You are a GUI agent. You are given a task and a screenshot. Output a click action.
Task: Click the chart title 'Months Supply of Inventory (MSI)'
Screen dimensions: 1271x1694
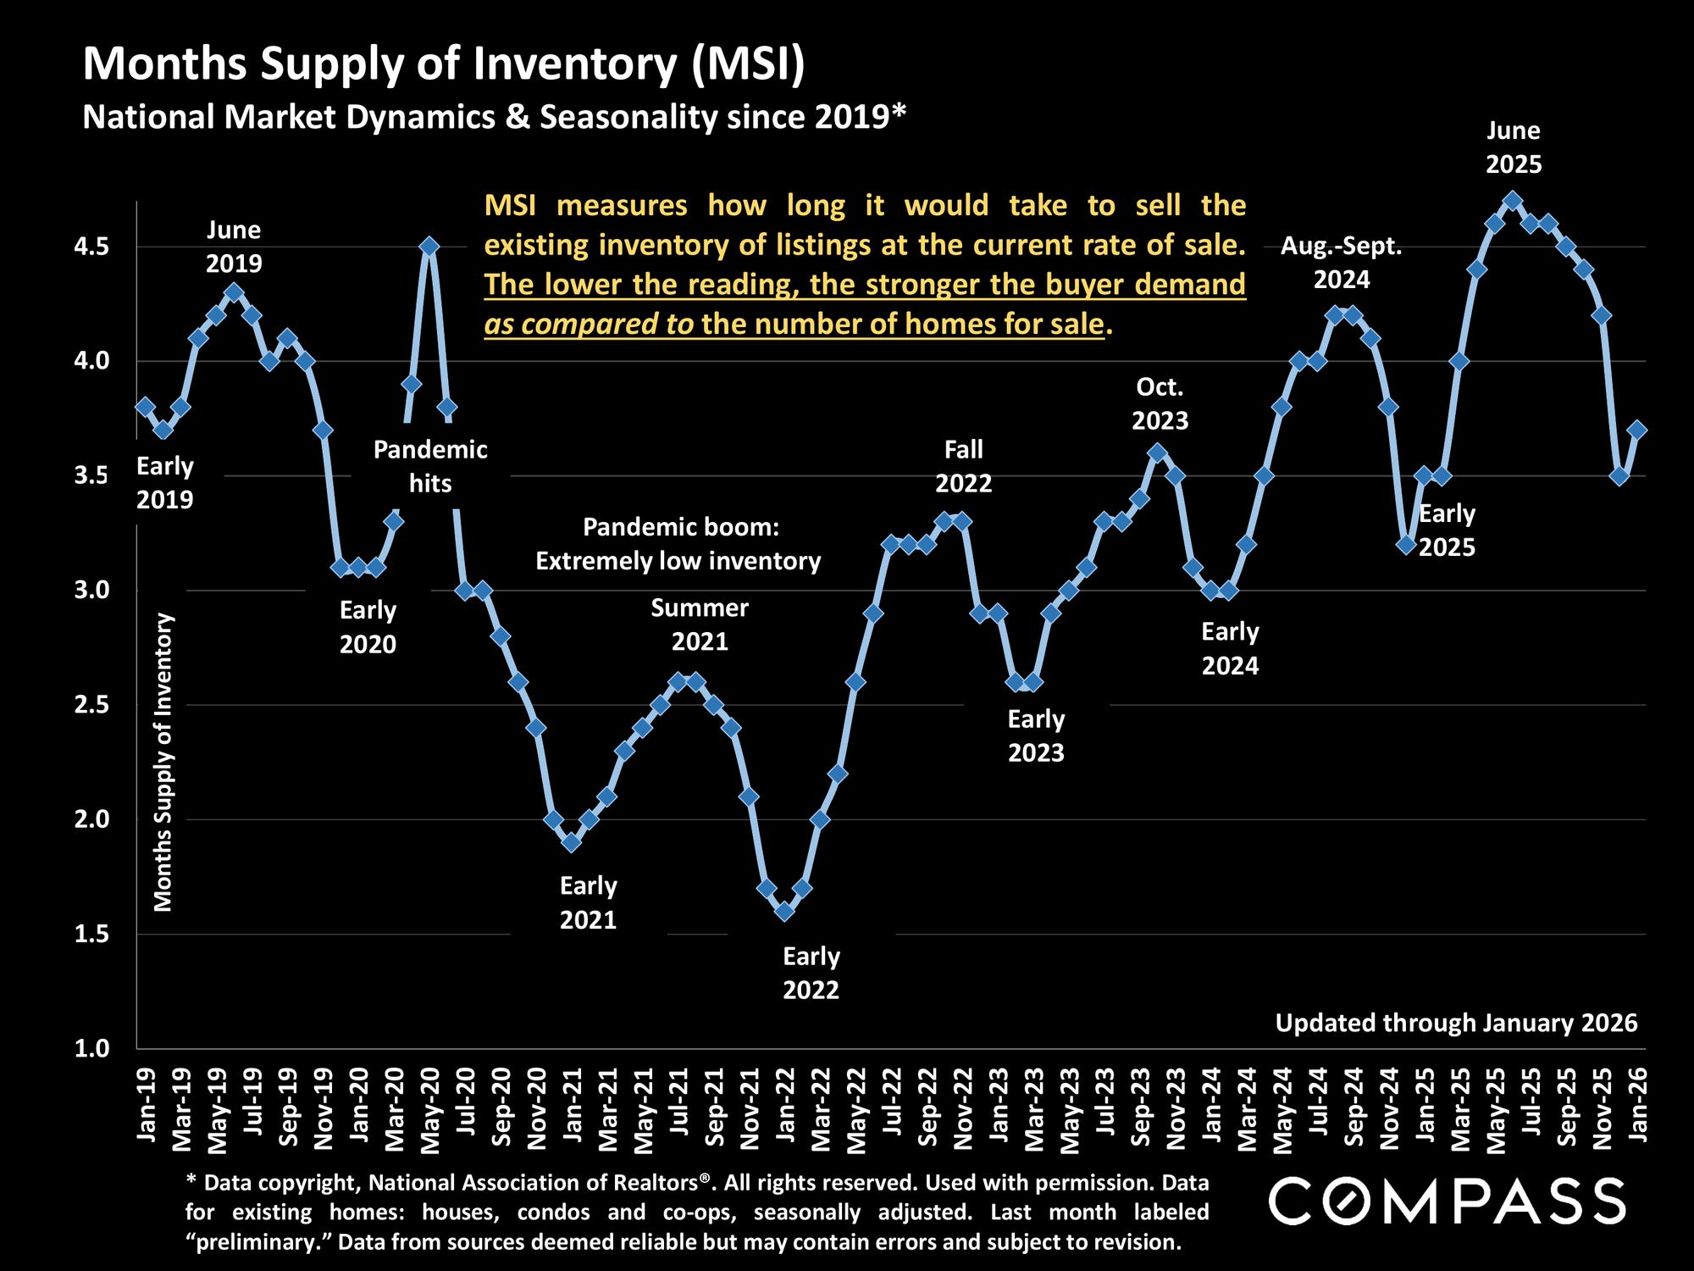coord(444,65)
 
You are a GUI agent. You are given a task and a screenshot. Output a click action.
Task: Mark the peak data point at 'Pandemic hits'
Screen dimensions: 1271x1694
coord(429,247)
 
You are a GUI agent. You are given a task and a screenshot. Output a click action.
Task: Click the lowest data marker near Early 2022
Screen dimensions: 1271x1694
coord(784,911)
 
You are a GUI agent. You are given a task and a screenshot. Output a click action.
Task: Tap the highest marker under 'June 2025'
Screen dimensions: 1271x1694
coord(1514,201)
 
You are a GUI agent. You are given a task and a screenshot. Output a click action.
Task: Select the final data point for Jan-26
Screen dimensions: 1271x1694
coord(1637,430)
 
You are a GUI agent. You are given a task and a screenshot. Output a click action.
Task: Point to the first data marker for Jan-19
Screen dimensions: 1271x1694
coord(145,407)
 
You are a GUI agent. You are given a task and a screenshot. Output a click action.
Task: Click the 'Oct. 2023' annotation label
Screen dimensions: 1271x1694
coord(1160,404)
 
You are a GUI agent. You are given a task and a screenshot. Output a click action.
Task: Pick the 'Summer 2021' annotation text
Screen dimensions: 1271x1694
coord(700,624)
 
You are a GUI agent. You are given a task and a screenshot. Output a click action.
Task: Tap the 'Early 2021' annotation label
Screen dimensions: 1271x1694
coord(588,903)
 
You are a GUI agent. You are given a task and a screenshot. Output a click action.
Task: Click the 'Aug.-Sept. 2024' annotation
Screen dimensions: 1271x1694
coord(1341,263)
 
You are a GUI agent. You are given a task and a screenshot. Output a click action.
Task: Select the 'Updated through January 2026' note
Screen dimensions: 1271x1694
coord(1456,1024)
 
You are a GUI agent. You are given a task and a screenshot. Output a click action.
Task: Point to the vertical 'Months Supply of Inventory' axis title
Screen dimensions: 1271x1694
coord(163,763)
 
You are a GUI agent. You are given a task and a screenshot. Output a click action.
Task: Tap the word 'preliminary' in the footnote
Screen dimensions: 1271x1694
coord(257,1243)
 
